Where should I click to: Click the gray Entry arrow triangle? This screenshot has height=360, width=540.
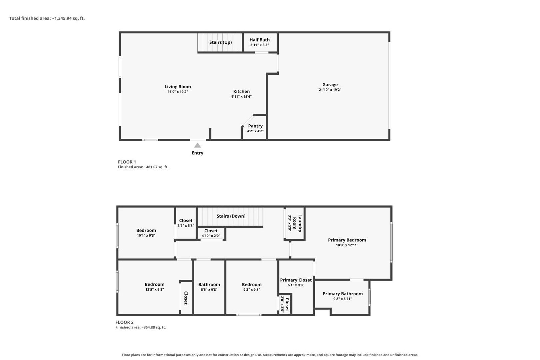pos(197,145)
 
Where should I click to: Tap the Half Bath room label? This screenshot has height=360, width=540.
pos(259,40)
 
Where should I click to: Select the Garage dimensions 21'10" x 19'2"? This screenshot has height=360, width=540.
pos(330,90)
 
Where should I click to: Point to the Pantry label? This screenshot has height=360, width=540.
pos(255,126)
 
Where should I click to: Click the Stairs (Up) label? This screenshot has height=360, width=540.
pos(220,42)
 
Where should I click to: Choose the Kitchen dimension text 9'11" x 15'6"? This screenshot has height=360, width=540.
pos(241,96)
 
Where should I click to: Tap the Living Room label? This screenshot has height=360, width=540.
pos(178,87)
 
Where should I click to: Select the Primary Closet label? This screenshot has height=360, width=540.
pos(296,280)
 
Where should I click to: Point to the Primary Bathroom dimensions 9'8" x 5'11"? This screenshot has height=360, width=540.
pos(343,299)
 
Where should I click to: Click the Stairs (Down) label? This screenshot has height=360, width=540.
pos(231,216)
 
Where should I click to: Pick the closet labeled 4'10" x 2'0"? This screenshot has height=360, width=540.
pos(211,231)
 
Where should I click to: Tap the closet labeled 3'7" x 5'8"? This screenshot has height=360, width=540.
pos(186,221)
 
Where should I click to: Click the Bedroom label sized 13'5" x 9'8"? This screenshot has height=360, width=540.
pos(155,285)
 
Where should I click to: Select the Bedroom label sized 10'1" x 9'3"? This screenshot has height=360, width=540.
pos(146,231)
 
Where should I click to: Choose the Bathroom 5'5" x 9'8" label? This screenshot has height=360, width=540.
pos(209,285)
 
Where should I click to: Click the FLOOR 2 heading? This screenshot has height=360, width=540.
pos(124,322)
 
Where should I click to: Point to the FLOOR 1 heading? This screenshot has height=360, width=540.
pos(127,162)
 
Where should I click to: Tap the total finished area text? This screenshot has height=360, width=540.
pos(47,18)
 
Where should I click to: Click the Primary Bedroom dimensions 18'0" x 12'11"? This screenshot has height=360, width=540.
pos(347,245)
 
